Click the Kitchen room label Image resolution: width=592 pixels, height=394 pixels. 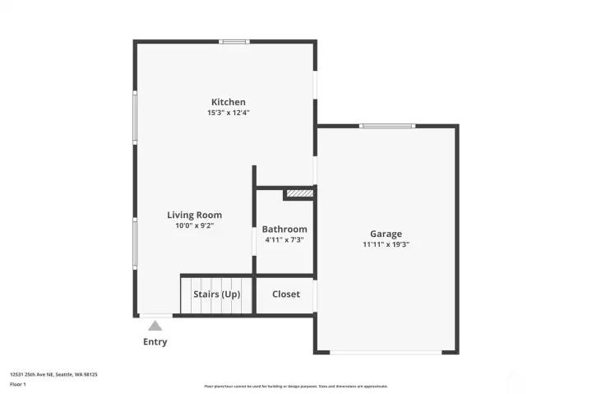[x=228, y=102]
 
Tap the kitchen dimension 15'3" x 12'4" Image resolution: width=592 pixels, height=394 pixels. [x=228, y=113]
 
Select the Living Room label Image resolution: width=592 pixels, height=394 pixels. [x=194, y=215]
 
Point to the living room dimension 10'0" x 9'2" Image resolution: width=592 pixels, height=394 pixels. [x=194, y=225]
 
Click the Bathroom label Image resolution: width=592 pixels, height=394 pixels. [x=284, y=229]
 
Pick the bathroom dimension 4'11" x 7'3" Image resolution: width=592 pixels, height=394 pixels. [x=284, y=240]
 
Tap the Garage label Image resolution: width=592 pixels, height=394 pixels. [x=386, y=234]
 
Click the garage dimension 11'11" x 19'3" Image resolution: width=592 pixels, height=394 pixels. [x=386, y=244]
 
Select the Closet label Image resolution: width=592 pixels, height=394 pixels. [x=286, y=294]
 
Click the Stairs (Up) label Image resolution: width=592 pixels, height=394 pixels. [x=216, y=294]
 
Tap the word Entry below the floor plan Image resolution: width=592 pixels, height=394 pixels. [x=155, y=342]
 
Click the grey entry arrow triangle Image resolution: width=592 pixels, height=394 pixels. [x=155, y=326]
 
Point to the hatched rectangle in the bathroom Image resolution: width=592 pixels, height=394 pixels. [x=299, y=194]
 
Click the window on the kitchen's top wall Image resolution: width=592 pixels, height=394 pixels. [x=234, y=41]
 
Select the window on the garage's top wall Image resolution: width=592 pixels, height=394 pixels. [x=387, y=126]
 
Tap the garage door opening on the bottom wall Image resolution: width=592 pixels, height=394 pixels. [x=386, y=353]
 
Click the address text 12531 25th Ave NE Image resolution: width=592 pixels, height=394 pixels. [x=53, y=374]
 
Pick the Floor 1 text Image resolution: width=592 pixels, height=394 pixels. [x=17, y=384]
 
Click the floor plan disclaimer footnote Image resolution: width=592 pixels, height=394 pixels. [x=296, y=386]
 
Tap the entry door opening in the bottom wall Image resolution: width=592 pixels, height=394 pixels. [x=155, y=315]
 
